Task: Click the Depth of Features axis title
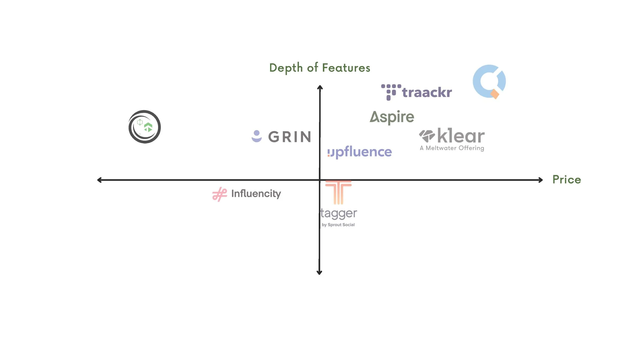[320, 68]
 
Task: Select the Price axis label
[567, 179]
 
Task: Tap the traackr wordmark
[427, 92]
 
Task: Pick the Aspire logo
[392, 117]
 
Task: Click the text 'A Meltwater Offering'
[452, 148]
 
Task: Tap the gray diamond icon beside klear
[427, 136]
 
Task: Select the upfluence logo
[360, 152]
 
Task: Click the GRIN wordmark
[290, 136]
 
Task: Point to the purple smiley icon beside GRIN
[257, 136]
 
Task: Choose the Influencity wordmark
[256, 194]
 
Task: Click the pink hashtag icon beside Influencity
[220, 194]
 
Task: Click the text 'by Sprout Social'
[338, 225]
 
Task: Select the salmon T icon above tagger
[338, 192]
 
